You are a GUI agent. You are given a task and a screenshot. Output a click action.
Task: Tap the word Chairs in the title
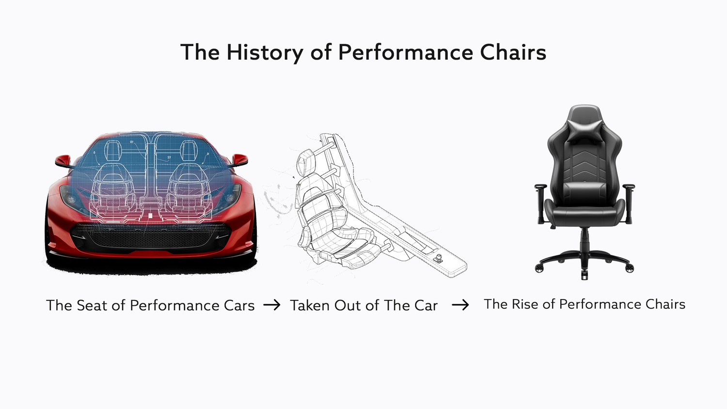513,52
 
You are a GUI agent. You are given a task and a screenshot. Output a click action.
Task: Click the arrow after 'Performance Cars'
271,305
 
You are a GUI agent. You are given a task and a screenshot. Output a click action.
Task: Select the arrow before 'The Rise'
460,305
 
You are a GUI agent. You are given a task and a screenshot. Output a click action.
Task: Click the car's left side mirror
63,161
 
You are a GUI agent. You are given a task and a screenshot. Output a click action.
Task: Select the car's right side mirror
239,160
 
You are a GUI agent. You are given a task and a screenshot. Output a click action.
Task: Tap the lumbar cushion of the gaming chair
585,193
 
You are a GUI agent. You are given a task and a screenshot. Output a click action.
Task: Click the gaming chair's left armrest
541,203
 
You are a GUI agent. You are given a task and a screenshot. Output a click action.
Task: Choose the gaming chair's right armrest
629,203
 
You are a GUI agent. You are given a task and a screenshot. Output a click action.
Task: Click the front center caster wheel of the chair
584,274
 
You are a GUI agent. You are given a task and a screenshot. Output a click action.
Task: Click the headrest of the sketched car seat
306,162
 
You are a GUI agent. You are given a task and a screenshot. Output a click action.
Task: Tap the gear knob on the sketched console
439,258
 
